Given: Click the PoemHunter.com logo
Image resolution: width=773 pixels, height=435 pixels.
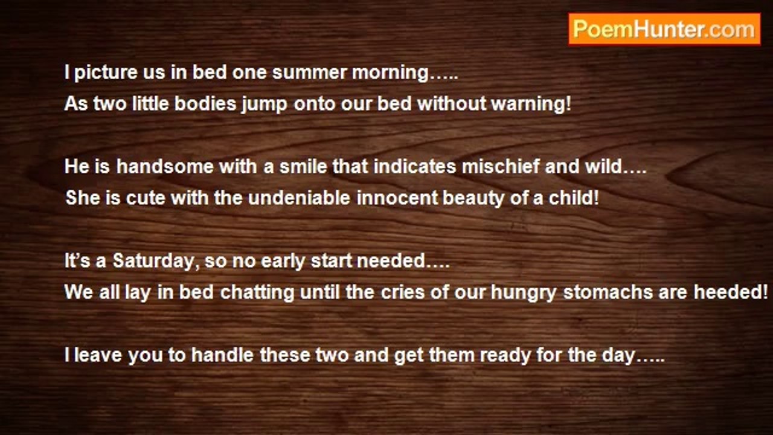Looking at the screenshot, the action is pos(664,30).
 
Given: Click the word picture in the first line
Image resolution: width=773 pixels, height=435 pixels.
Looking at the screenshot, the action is pos(106,73).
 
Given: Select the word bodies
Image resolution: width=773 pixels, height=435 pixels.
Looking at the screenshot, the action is pos(205,103).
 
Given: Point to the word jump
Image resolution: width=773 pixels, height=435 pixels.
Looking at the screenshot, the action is pos(265,105).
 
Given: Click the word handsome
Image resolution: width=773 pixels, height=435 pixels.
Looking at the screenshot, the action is pos(165,167).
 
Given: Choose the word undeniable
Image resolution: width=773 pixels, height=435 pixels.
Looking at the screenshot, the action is pos(299,198).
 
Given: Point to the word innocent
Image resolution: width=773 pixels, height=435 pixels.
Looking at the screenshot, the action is pos(397,198).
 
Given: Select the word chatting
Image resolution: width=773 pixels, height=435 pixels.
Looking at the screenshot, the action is pos(257,294).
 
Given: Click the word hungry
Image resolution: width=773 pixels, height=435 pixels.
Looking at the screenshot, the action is pos(524,294).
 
